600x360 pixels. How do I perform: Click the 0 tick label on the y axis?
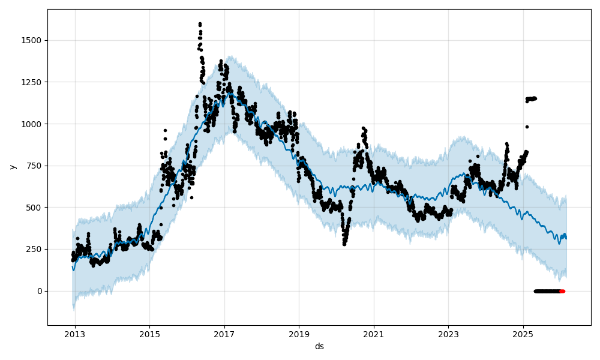click(40, 291)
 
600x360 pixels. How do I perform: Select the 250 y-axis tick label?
click(35, 249)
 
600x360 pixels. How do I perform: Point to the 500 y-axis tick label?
click(35, 208)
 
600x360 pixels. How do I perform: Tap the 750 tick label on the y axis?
click(35, 166)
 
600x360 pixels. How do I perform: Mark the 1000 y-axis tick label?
click(33, 124)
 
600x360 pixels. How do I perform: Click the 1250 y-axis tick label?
click(33, 82)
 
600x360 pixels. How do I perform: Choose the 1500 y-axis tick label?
click(33, 40)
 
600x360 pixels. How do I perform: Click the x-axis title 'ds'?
click(319, 346)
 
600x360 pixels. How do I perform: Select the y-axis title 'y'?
click(11, 166)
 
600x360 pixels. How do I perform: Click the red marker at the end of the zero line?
click(562, 291)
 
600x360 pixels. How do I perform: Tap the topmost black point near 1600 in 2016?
click(200, 24)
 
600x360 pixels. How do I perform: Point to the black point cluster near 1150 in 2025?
click(531, 98)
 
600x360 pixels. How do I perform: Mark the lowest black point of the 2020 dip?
click(344, 244)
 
